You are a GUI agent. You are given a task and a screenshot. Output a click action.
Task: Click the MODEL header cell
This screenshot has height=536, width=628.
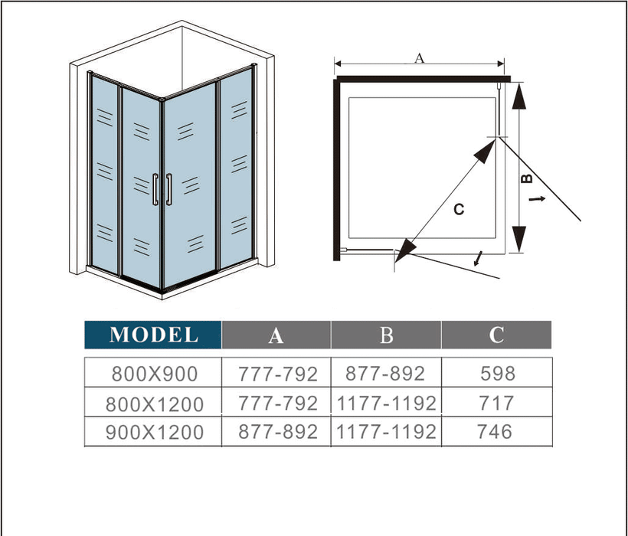pyautogui.click(x=153, y=335)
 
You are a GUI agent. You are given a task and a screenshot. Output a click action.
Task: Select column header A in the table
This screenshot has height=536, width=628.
pyautogui.click(x=276, y=335)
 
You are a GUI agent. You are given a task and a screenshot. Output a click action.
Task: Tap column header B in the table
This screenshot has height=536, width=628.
pyautogui.click(x=386, y=335)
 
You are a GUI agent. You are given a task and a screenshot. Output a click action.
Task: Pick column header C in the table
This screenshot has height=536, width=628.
pyautogui.click(x=496, y=335)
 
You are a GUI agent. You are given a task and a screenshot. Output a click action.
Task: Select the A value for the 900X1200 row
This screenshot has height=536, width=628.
pyautogui.click(x=276, y=432)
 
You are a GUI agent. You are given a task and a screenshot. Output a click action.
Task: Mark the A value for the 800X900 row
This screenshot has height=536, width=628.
pyautogui.click(x=276, y=374)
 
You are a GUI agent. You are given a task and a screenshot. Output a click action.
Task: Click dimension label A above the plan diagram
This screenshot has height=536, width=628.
pyautogui.click(x=418, y=57)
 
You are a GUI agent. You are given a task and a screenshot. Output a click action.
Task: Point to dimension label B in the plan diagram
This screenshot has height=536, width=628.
pyautogui.click(x=527, y=179)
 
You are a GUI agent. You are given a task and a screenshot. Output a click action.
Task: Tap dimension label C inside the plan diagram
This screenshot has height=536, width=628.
pyautogui.click(x=458, y=209)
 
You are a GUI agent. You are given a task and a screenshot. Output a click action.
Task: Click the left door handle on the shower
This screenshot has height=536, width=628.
pyautogui.click(x=155, y=189)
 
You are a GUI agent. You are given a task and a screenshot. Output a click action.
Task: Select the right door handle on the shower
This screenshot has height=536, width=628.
pyautogui.click(x=168, y=189)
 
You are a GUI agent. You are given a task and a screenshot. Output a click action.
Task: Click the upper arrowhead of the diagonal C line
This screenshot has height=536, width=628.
pyautogui.click(x=486, y=149)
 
